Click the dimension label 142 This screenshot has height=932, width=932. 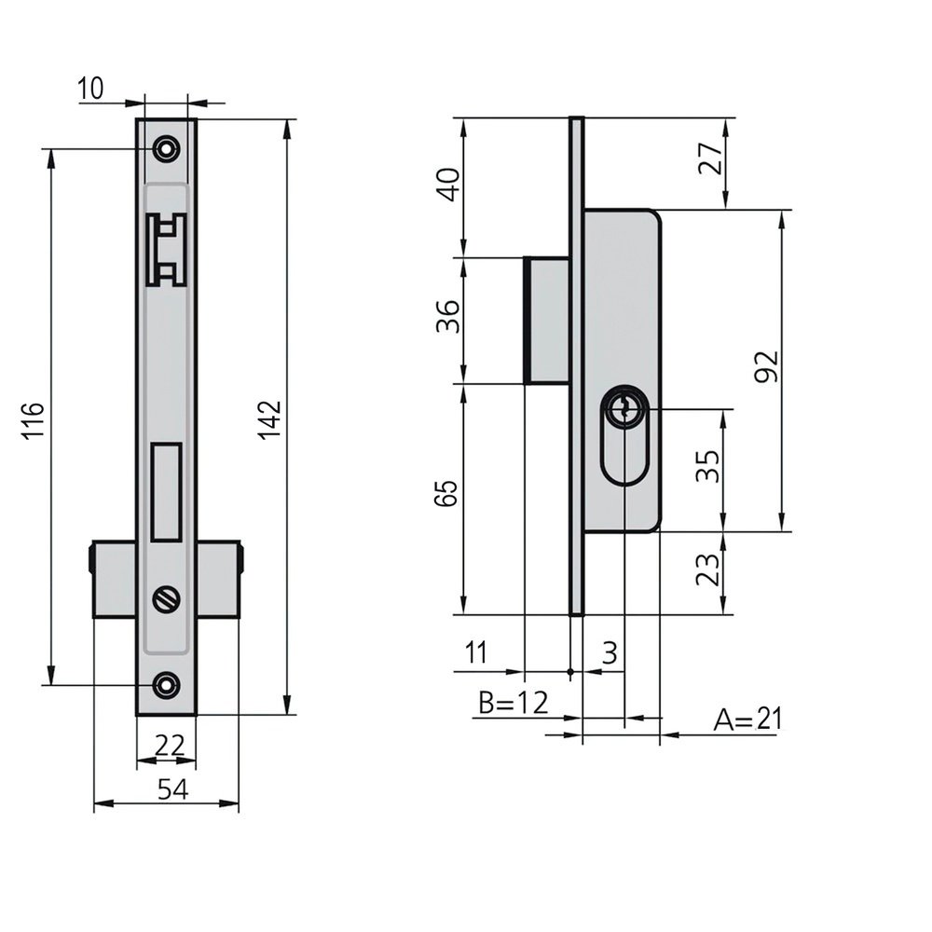(269, 420)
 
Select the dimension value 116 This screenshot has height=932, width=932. (34, 420)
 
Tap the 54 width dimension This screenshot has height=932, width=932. (173, 790)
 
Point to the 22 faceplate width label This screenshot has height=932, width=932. (170, 746)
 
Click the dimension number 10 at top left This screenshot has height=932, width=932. (90, 89)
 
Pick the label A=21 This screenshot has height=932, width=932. (747, 720)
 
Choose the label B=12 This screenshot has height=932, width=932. (514, 703)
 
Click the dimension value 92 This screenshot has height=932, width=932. (766, 366)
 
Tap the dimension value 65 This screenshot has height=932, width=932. (446, 493)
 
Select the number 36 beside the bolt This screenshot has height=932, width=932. (448, 316)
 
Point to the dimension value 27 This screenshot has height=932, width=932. (710, 158)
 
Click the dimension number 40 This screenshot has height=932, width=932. (448, 185)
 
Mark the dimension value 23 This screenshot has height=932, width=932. (708, 569)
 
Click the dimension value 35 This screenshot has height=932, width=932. (708, 466)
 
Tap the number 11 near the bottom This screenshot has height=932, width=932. (475, 652)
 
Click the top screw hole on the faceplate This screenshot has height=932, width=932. (167, 148)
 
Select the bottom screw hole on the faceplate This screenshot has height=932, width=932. (167, 685)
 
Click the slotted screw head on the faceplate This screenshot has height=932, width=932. (167, 598)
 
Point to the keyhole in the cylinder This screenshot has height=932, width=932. (623, 409)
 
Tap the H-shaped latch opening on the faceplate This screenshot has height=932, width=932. (167, 250)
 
